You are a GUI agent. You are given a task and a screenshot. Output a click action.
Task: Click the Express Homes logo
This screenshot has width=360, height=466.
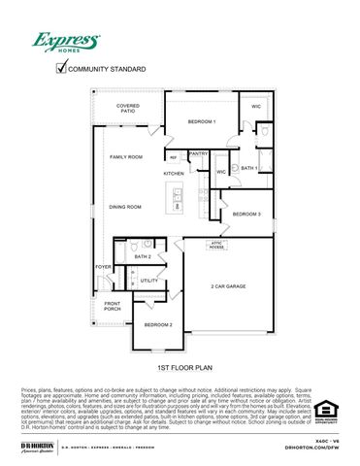pyautogui.click(x=66, y=42)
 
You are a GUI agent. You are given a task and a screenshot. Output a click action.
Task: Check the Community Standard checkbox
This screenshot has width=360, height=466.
pyautogui.click(x=62, y=68)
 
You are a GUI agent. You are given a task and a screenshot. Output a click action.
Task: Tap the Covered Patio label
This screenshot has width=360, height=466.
pyautogui.click(x=128, y=108)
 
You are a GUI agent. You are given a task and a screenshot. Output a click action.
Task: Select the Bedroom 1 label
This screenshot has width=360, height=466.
pyautogui.click(x=201, y=121)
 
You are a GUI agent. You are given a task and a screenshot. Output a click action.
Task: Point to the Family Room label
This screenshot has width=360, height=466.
pyautogui.click(x=126, y=156)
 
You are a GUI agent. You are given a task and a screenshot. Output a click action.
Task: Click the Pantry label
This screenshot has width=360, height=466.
pyautogui.click(x=198, y=153)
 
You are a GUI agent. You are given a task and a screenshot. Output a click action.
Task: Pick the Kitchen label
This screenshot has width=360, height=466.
pyautogui.click(x=174, y=174)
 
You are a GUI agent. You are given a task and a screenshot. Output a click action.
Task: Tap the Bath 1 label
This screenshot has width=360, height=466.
pyautogui.click(x=249, y=169)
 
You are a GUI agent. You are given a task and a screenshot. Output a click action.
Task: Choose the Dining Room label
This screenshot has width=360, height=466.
pyautogui.click(x=125, y=207)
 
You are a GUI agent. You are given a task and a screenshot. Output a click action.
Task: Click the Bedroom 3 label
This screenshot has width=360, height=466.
pyautogui.click(x=246, y=214)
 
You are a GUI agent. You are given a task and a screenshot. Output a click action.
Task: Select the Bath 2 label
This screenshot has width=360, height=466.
pyautogui.click(x=143, y=256)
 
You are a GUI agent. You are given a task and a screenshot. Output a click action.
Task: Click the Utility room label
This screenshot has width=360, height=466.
pyautogui.click(x=148, y=282)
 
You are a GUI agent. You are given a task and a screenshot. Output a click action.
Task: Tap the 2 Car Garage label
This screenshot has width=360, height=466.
pyautogui.click(x=228, y=286)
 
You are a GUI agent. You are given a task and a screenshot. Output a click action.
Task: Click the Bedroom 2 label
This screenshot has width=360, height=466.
pyautogui.click(x=159, y=324)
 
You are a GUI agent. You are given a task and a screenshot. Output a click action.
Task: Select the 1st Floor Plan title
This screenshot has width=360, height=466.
pyautogui.click(x=180, y=370)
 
